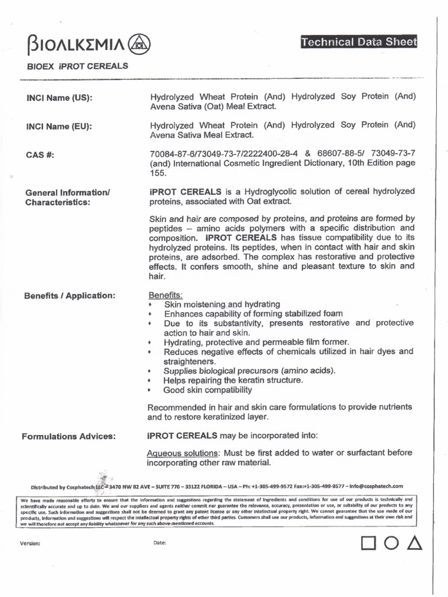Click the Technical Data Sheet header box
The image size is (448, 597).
tap(359, 42)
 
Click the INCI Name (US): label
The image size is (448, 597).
tap(59, 97)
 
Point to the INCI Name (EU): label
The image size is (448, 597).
tap(59, 126)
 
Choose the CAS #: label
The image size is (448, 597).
tap(40, 154)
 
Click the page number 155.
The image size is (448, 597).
tap(158, 173)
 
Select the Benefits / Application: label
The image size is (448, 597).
tap(69, 296)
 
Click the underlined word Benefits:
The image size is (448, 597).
tap(166, 295)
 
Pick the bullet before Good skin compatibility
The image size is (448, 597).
tap(150, 390)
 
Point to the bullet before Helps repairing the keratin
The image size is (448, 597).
tap(150, 381)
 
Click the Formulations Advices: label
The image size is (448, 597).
tap(68, 436)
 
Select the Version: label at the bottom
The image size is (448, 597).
tap(30, 543)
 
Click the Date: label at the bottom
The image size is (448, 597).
tap(160, 543)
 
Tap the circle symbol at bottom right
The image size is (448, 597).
tap(391, 543)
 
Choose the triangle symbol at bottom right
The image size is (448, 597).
tap(414, 543)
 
